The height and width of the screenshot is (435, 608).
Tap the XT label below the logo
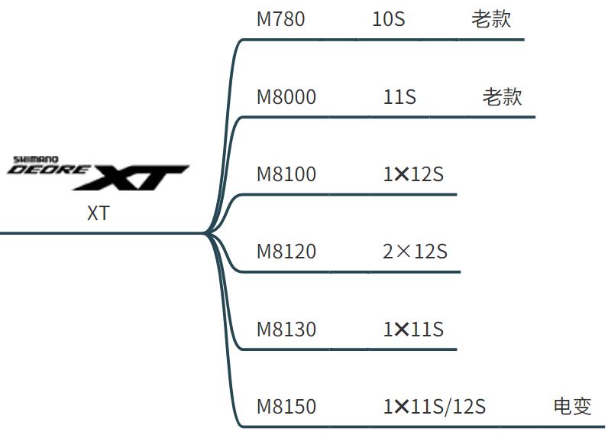tap(98, 213)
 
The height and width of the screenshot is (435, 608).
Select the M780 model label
tap(280, 18)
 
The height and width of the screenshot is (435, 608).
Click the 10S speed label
tap(388, 18)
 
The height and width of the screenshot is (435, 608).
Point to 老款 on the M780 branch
tap(491, 18)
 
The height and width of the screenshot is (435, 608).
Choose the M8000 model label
tap(286, 97)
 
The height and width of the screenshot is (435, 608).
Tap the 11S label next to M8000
tap(399, 97)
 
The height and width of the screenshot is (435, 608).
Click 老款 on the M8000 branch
tap(502, 97)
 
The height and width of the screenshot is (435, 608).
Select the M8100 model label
tap(286, 174)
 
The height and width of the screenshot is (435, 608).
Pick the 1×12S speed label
tap(413, 174)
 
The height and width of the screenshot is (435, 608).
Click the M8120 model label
tap(286, 252)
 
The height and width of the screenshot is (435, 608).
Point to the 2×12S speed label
tap(415, 252)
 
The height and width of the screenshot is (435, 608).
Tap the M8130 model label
tap(286, 329)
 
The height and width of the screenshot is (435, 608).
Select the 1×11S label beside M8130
tap(413, 329)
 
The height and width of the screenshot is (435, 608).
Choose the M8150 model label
tap(286, 407)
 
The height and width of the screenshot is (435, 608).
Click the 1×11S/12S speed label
tap(434, 407)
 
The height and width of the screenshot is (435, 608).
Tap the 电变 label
tap(572, 407)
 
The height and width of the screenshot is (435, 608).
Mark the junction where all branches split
tap(206, 232)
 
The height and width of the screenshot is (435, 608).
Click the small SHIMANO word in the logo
tap(31, 160)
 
